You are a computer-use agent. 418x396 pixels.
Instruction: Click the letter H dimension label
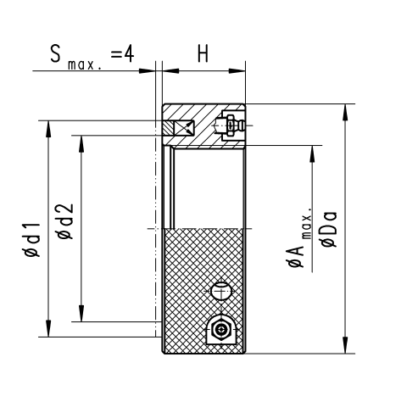point(203,54)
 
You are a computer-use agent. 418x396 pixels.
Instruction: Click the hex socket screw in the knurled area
point(221,329)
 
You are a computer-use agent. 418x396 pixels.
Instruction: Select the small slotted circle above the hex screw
point(221,291)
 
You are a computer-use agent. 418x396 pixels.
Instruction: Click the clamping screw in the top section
point(231,125)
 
